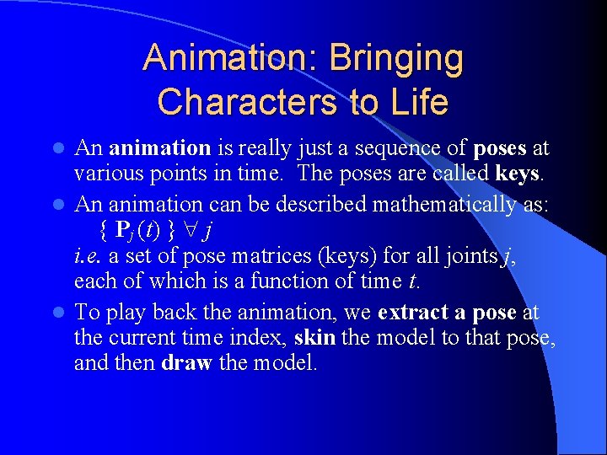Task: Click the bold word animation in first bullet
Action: (160, 148)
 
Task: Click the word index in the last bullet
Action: (262, 339)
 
